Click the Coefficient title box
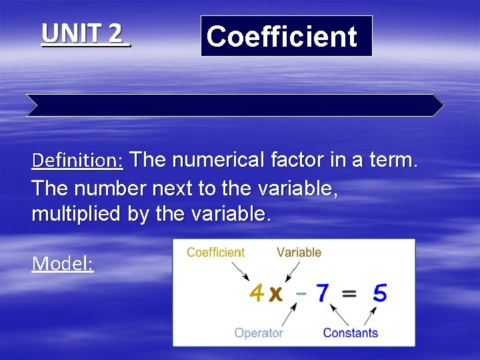(x=286, y=36)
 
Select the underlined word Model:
(x=63, y=263)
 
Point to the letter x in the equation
(x=274, y=294)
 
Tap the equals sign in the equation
(x=351, y=294)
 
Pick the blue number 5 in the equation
(x=379, y=293)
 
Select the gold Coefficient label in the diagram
(x=215, y=253)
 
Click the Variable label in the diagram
(x=299, y=253)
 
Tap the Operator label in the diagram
(x=259, y=333)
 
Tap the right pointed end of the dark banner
(x=437, y=105)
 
